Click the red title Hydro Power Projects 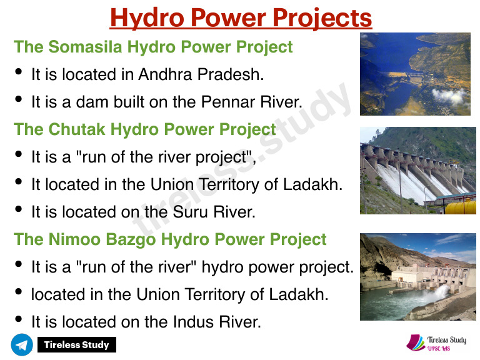tap(241, 17)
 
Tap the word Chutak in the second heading tap(76, 129)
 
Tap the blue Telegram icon tap(22, 344)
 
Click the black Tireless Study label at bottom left tap(76, 344)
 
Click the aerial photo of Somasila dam tap(415, 74)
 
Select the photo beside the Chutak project tap(417, 170)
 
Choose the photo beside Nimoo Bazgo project tap(417, 276)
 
